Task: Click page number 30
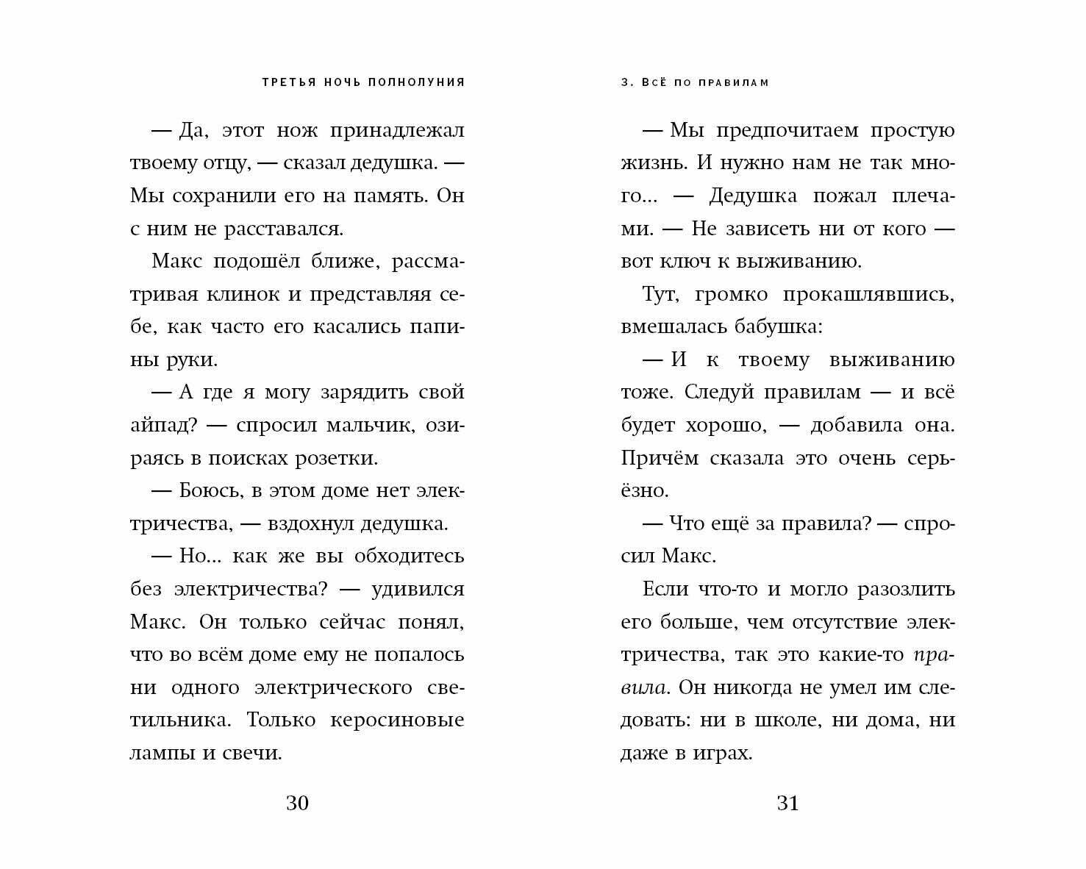tap(297, 803)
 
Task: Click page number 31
tap(787, 803)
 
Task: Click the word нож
tap(299, 131)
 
